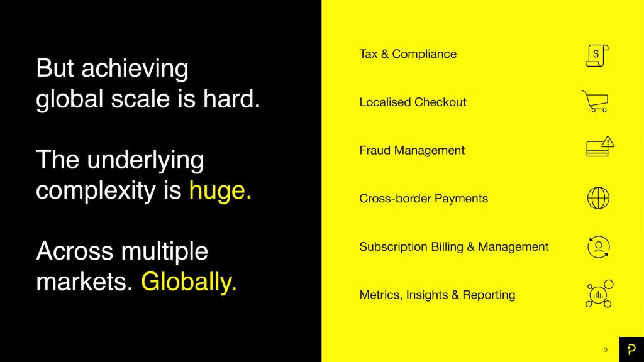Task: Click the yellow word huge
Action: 220,191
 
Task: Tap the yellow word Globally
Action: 189,282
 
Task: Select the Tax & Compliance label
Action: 408,54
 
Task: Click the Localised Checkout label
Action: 413,102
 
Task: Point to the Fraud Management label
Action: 412,151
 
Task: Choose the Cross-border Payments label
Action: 423,199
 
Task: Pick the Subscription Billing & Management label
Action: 454,246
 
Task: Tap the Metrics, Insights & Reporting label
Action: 438,295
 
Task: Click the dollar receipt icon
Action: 597,55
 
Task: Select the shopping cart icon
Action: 595,101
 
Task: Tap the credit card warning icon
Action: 600,146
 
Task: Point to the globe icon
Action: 599,198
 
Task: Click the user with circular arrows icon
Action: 599,246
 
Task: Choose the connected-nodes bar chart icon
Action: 599,294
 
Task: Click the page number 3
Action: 606,349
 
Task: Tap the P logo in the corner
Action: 631,349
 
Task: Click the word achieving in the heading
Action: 135,69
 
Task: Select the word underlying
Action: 145,160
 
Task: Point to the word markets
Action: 84,282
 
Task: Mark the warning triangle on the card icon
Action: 608,142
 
